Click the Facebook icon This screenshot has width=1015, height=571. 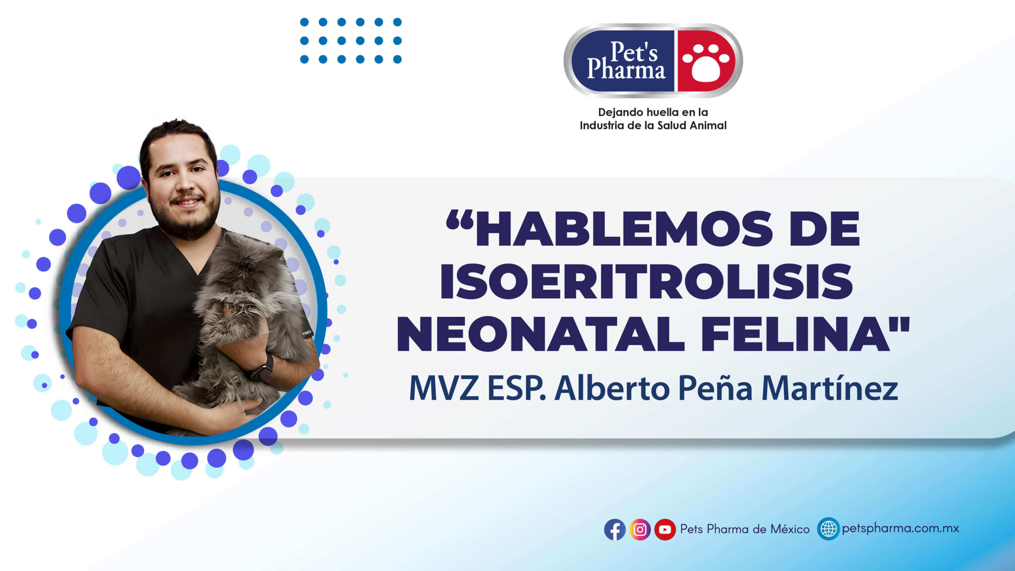[615, 529]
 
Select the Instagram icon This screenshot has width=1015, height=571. [640, 529]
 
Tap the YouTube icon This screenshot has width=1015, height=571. [665, 529]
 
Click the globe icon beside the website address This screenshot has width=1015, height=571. [828, 529]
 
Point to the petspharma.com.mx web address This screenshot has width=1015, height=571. [900, 529]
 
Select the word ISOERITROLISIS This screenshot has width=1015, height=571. [646, 281]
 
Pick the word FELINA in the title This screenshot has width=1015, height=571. [795, 334]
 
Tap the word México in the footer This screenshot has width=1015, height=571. [790, 529]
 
